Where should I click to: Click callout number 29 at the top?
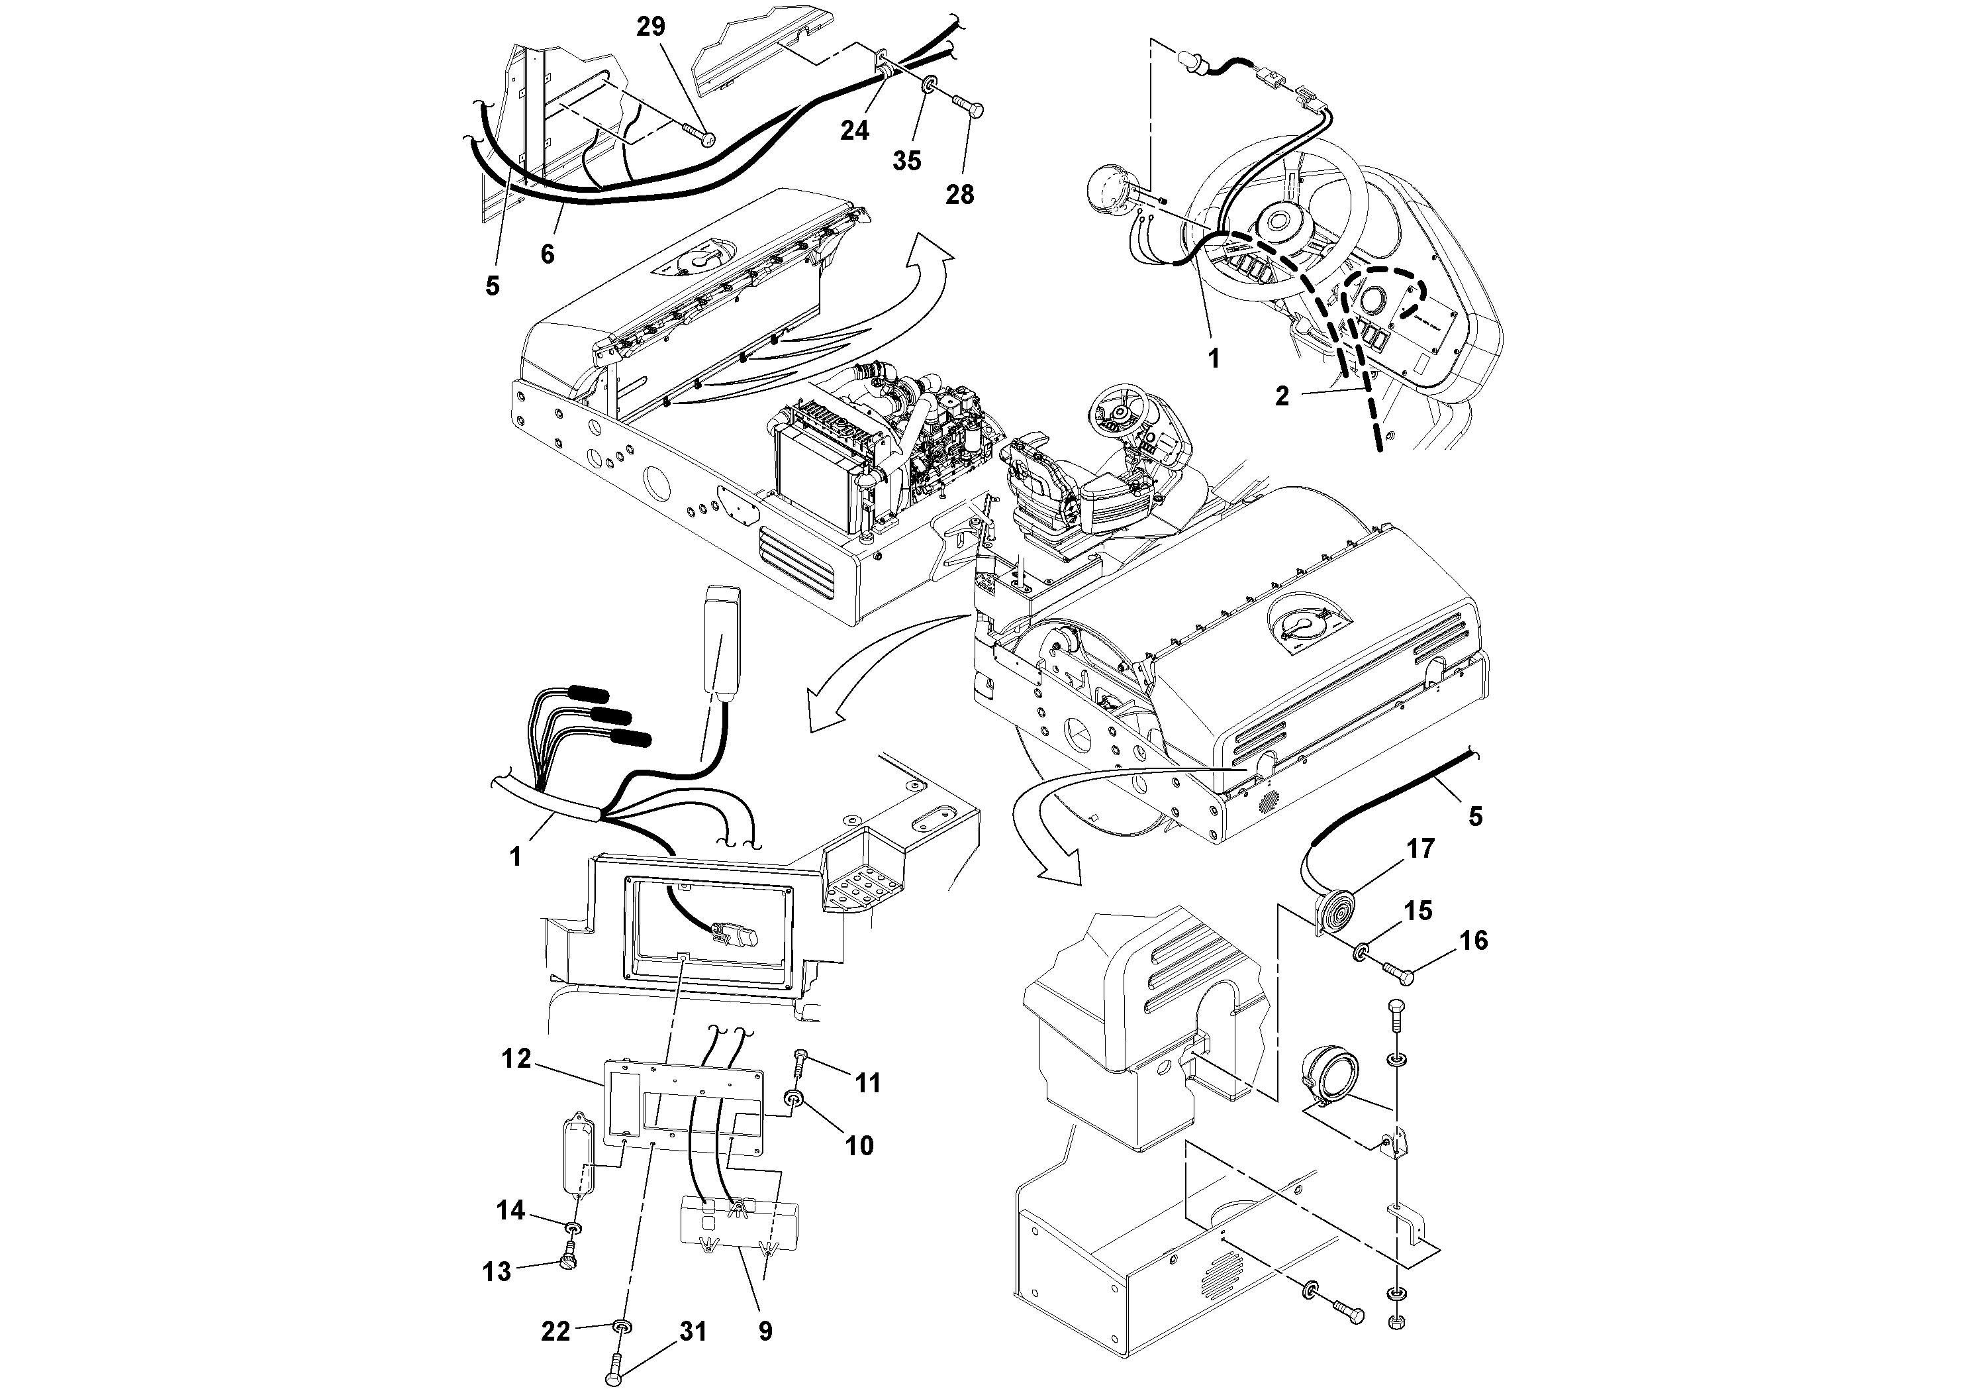click(x=650, y=26)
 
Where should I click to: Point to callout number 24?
click(x=854, y=130)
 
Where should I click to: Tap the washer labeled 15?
click(x=1361, y=953)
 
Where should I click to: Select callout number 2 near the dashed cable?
click(x=1282, y=396)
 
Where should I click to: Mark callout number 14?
click(x=510, y=1210)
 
